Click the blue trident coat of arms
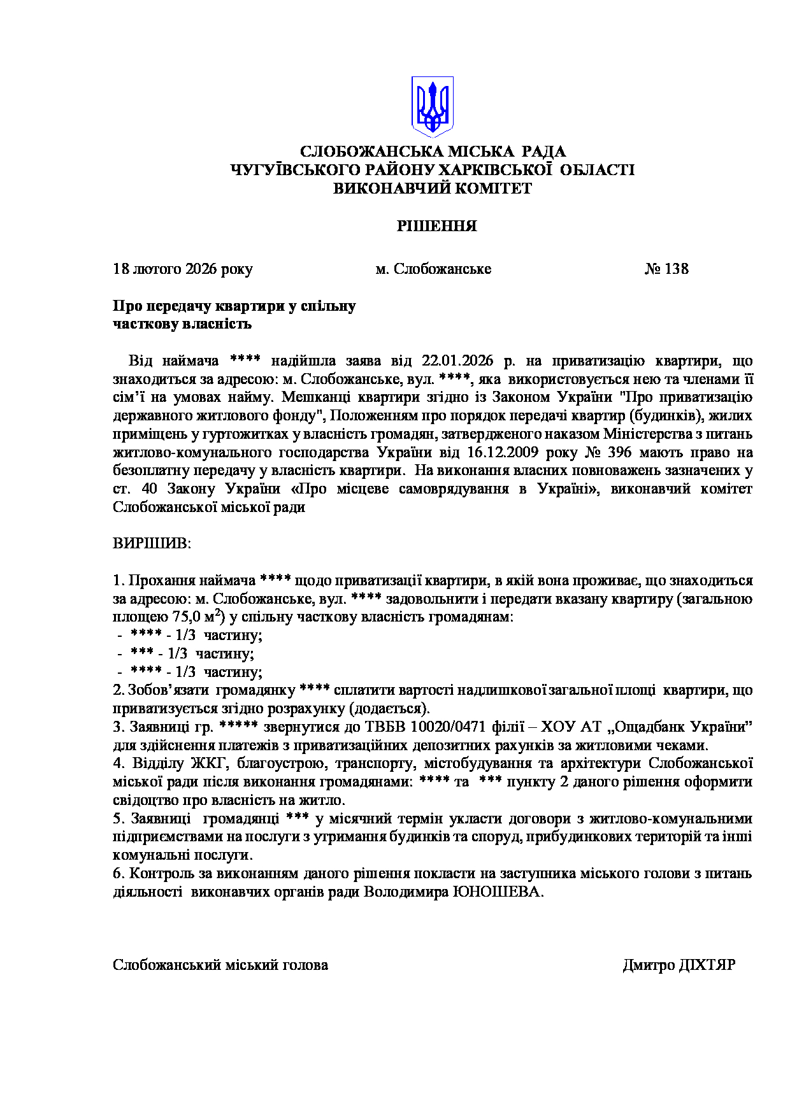433,106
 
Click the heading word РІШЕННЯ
437,226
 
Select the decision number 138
676,269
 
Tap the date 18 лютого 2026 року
183,269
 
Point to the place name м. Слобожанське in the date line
433,269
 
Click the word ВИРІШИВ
152,544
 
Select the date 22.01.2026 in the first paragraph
458,361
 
